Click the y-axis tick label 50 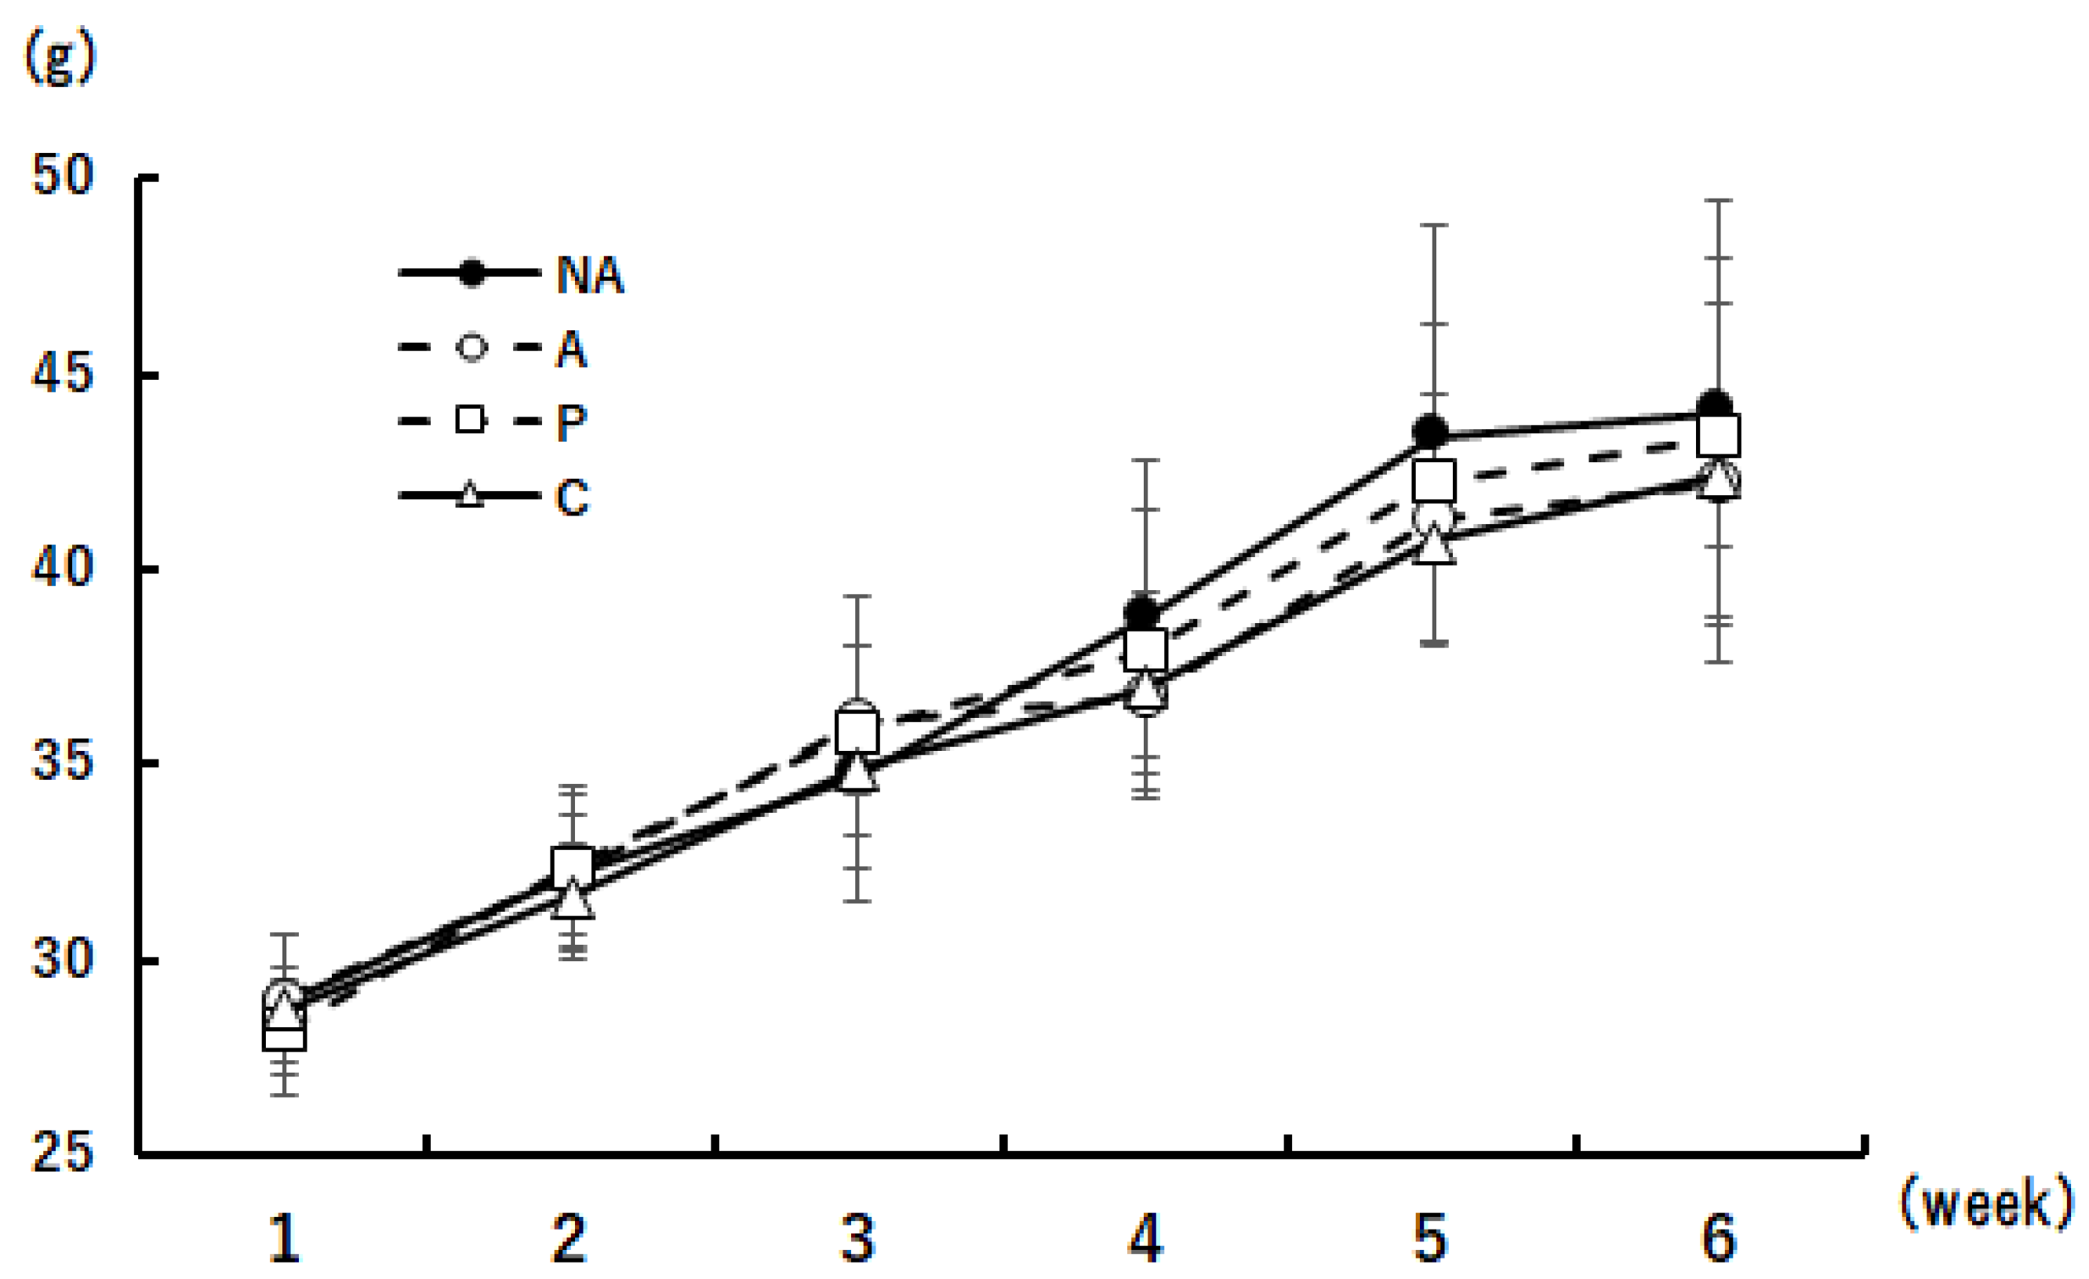coord(61,177)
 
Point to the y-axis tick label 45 coord(61,373)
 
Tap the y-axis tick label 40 coord(61,567)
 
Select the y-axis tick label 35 coord(61,762)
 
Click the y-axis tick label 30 coord(61,959)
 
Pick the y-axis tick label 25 coord(61,1153)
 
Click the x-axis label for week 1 coord(284,1239)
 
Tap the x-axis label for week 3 coord(857,1239)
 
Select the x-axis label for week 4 coord(1145,1239)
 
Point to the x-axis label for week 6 coord(1719,1239)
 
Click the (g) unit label coord(60,60)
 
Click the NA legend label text coord(590,275)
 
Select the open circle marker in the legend coord(471,348)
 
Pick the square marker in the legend coord(471,421)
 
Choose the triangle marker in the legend coord(471,494)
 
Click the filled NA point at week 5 coord(1431,432)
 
